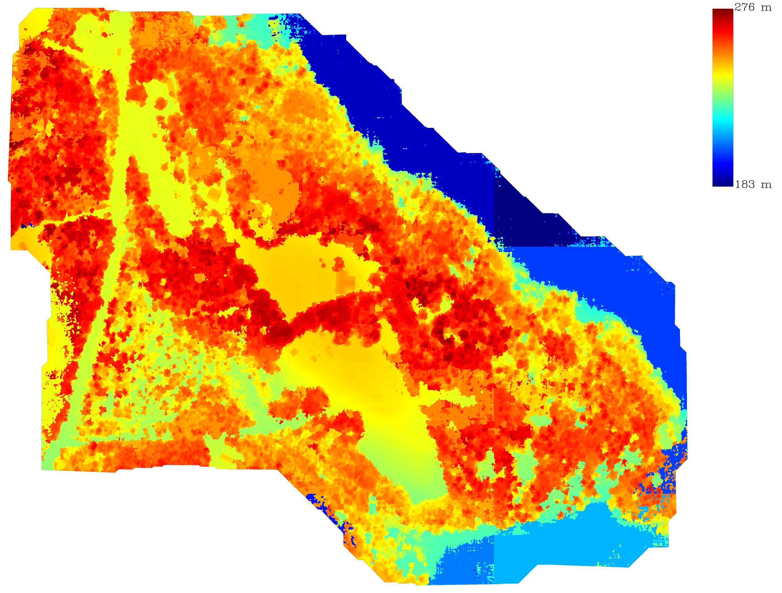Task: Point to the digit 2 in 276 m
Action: click(739, 7)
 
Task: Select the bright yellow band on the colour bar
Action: click(723, 76)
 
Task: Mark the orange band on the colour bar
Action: click(723, 57)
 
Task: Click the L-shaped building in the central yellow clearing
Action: click(345, 281)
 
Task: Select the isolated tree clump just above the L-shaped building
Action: click(338, 263)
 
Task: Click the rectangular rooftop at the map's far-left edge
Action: click(22, 246)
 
